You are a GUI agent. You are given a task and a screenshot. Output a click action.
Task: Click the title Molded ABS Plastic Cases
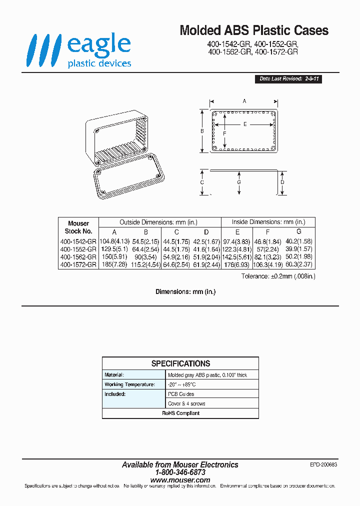254,30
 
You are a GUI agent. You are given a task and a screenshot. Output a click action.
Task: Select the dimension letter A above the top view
244,101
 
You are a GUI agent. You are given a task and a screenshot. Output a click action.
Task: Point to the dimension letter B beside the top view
202,131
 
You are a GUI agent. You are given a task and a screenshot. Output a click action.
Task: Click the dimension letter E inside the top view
245,124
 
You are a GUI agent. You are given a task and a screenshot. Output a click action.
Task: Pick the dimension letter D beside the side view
282,182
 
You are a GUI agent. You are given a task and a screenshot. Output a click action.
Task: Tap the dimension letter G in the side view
239,182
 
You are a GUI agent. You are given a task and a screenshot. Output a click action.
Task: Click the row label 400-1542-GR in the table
78,241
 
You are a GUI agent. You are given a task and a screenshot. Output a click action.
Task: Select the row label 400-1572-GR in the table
78,264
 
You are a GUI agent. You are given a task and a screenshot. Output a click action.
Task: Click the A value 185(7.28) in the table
114,264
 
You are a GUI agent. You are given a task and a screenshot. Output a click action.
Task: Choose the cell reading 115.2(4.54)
145,264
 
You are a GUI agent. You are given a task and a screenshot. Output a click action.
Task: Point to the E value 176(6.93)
237,264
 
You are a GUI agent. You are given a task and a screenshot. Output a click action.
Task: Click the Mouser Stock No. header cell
78,227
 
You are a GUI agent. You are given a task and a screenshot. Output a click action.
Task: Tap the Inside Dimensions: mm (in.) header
268,222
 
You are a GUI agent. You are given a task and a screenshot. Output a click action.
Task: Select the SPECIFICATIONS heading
180,363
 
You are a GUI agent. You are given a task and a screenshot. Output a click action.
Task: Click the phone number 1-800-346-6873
180,472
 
